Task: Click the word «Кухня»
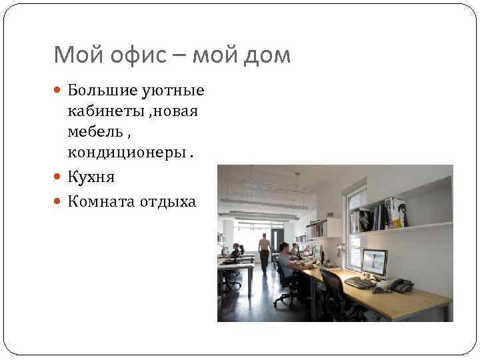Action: (x=91, y=177)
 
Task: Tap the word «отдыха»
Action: (x=167, y=201)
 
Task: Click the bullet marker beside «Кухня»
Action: (x=59, y=178)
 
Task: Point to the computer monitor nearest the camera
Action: (x=374, y=263)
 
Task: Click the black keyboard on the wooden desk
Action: (x=359, y=282)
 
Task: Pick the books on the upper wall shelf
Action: (x=383, y=214)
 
